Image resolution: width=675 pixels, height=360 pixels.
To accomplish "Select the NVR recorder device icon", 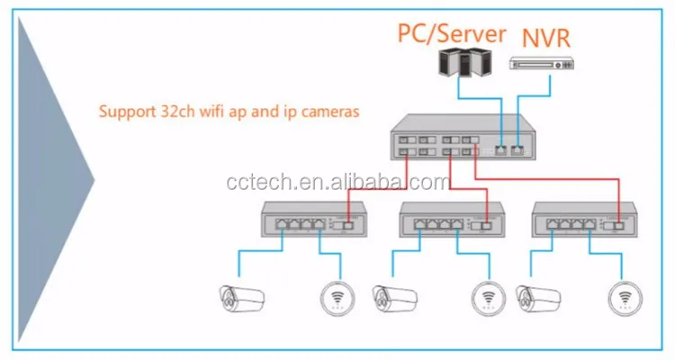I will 542,63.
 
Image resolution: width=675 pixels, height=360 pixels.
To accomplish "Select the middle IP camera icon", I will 392,296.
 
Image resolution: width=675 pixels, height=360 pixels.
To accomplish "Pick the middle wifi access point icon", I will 488,297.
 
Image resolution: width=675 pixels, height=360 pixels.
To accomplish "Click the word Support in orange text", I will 125,114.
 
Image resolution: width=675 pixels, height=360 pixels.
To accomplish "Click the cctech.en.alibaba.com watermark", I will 337,184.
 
